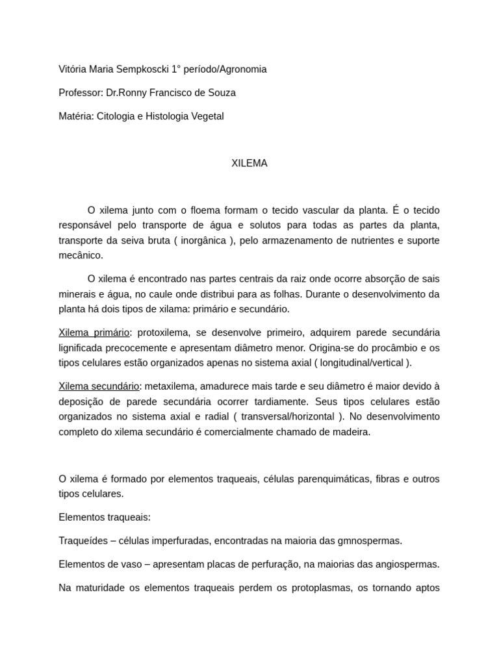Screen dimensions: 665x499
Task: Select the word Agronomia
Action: (242, 69)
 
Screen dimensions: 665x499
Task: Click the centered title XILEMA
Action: (249, 164)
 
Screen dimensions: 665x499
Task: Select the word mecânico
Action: (81, 255)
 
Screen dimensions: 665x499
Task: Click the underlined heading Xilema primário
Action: (94, 332)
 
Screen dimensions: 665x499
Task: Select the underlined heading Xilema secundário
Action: (99, 386)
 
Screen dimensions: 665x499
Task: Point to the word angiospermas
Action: (407, 564)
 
